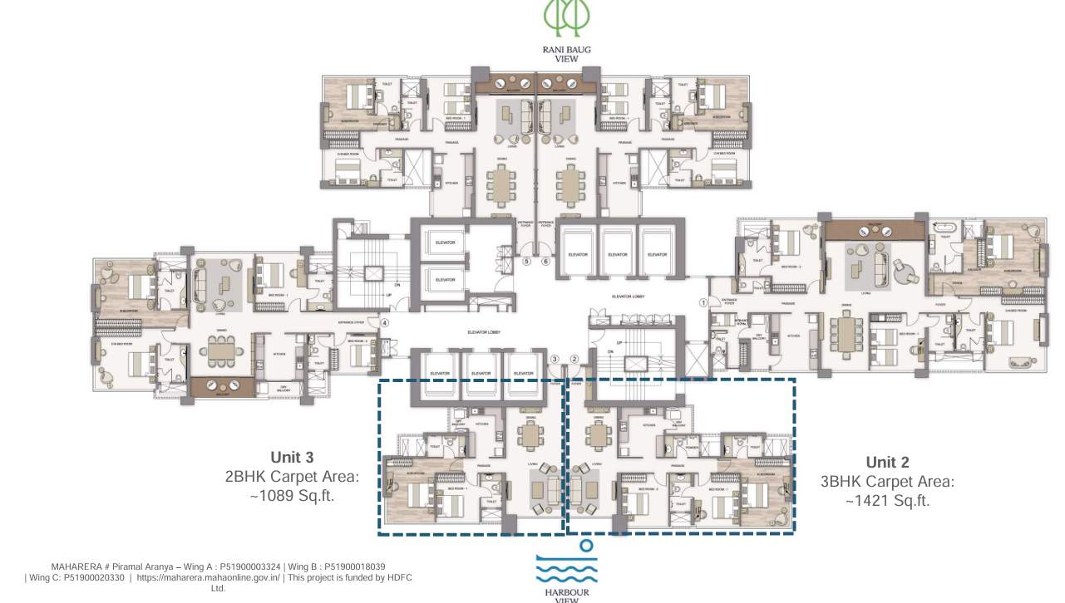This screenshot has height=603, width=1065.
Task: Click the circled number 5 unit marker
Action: pyautogui.click(x=526, y=261)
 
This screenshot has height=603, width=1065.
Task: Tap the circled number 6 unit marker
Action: pyautogui.click(x=546, y=261)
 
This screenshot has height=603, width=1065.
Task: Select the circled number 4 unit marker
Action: pyautogui.click(x=385, y=322)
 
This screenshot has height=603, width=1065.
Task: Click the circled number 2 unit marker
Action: pyautogui.click(x=574, y=359)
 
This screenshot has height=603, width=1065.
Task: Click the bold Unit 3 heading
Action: pyautogui.click(x=292, y=458)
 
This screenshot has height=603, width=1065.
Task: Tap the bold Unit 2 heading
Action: pyautogui.click(x=887, y=463)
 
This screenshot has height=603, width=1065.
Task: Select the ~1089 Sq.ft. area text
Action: pyautogui.click(x=292, y=496)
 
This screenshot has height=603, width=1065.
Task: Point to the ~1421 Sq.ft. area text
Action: pyautogui.click(x=887, y=501)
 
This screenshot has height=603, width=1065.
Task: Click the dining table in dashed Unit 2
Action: pyautogui.click(x=598, y=434)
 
